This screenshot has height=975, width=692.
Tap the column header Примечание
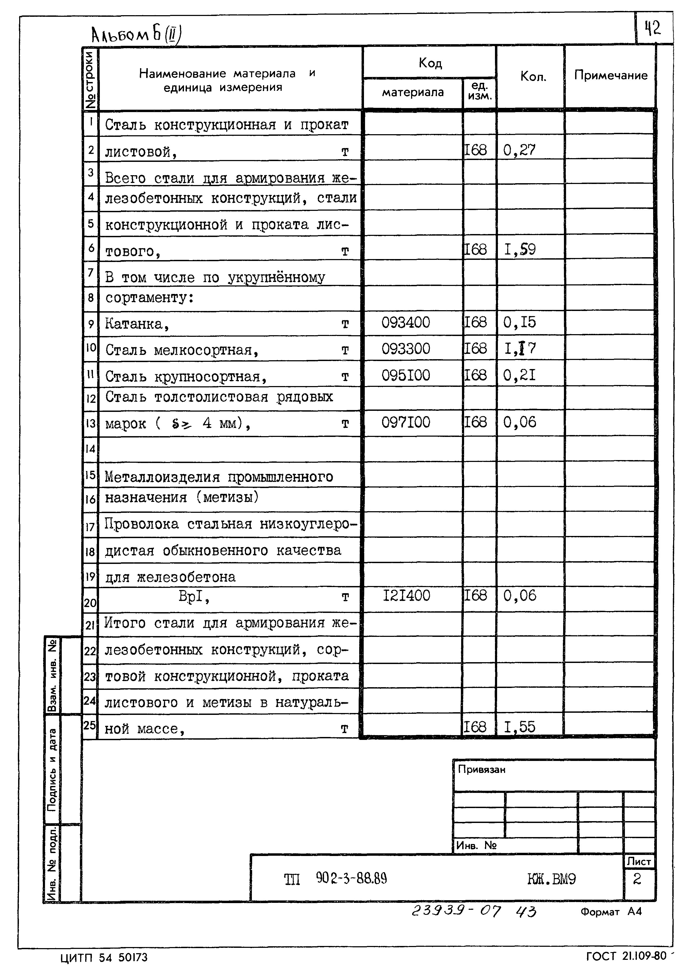(610, 75)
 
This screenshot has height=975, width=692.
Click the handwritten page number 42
(652, 28)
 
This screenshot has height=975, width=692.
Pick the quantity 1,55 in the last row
(519, 727)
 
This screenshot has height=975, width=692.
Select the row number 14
(90, 449)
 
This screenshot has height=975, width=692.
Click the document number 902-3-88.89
(351, 878)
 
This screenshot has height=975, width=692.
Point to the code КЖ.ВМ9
(551, 879)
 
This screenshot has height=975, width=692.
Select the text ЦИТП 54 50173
(104, 957)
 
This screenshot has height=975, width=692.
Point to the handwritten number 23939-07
(456, 912)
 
